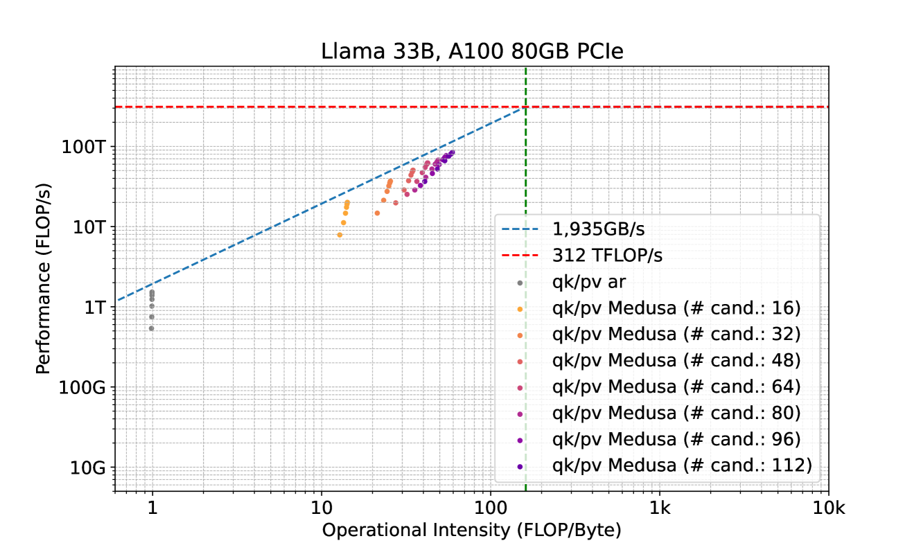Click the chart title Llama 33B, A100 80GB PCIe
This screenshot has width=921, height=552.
tap(471, 53)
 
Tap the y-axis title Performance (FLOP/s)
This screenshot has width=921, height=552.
tap(44, 279)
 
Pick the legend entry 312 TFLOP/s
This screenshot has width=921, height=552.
tap(607, 256)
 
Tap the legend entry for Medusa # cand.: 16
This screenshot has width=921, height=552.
tap(676, 308)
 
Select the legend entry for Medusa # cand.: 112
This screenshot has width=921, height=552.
tap(682, 466)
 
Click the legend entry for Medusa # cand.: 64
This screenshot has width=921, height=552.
tap(676, 387)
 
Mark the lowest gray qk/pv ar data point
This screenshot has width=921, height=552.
tap(152, 328)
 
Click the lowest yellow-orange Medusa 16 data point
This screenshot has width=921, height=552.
tap(340, 235)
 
